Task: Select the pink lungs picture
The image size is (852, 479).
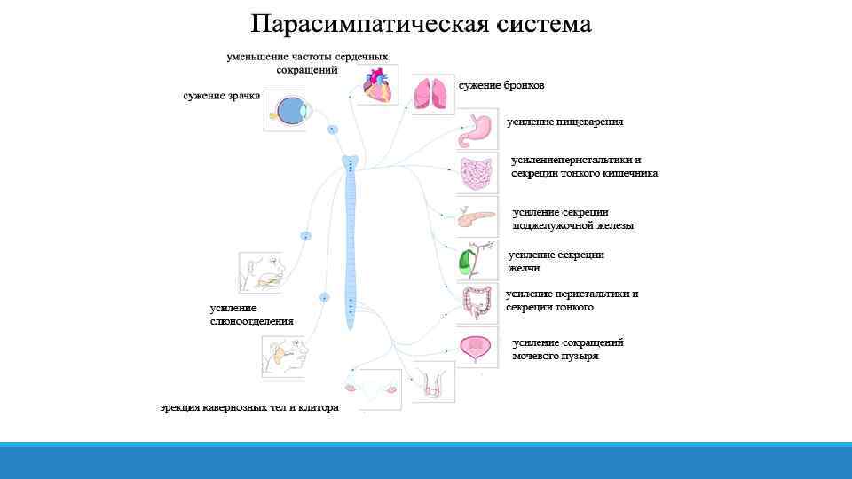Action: [x=432, y=92]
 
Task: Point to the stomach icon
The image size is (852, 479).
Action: [x=477, y=130]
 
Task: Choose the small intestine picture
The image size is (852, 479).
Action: [x=477, y=174]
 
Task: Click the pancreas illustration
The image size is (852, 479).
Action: [x=477, y=216]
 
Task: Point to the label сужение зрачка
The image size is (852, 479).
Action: [x=222, y=96]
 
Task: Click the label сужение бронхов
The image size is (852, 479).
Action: [x=501, y=85]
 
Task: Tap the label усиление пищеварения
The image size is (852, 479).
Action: [x=565, y=122]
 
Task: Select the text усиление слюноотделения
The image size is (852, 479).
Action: [x=251, y=314]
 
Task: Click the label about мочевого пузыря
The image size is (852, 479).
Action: [x=568, y=349]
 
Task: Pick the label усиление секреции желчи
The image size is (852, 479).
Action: [x=556, y=261]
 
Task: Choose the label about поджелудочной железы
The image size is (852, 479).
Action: [x=573, y=219]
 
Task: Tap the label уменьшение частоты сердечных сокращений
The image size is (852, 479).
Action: [x=307, y=63]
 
